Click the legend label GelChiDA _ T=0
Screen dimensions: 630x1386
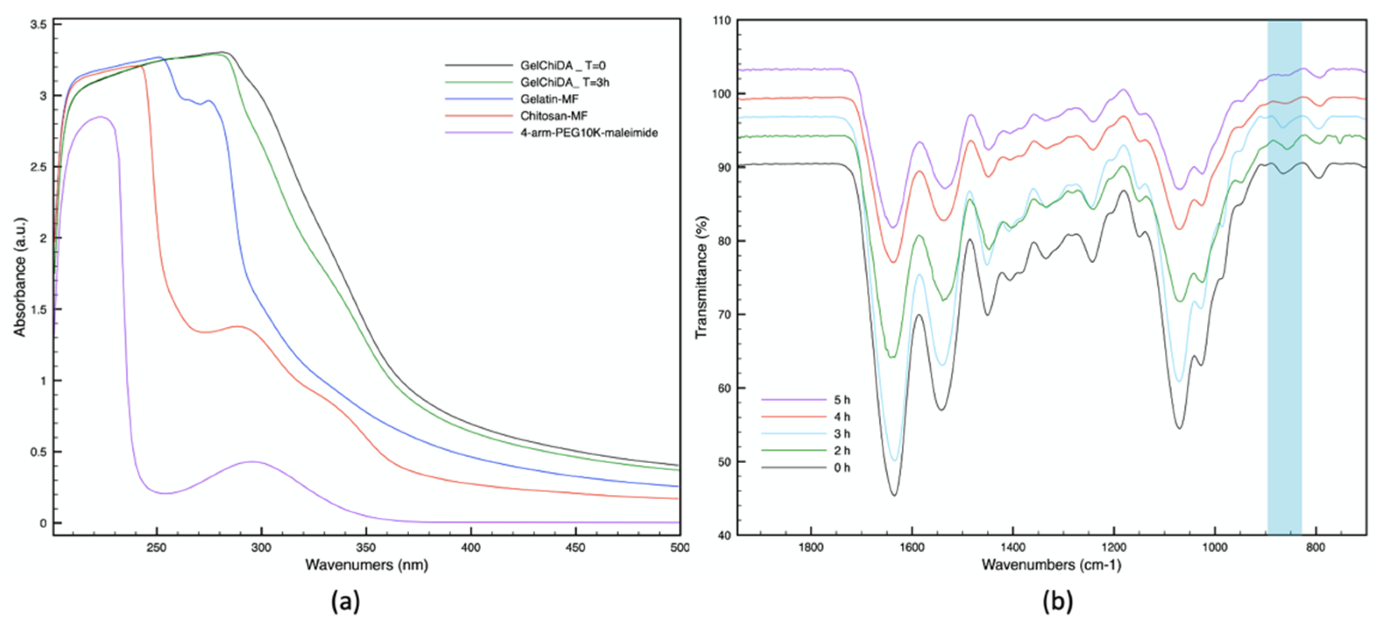coord(562,66)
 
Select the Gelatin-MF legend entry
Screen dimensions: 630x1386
coord(549,99)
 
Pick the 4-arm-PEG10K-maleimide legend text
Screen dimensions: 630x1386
coord(588,132)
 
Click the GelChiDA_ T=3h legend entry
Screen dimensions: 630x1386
coord(564,82)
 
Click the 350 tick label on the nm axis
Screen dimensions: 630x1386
coord(366,548)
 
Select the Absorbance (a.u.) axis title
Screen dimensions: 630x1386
coord(21,277)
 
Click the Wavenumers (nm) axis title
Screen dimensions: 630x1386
coord(366,565)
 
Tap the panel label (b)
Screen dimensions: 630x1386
coord(1057,601)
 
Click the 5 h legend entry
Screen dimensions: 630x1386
coord(842,400)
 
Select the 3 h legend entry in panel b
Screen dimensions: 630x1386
coord(842,434)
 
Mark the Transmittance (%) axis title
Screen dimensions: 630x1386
coord(702,277)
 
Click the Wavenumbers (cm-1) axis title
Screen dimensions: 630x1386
coord(1051,565)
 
